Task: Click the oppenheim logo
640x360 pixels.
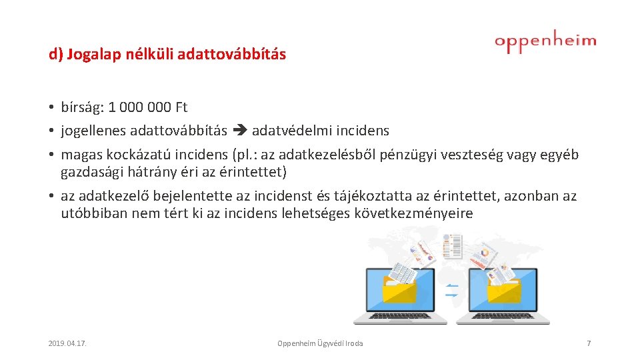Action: click(545, 42)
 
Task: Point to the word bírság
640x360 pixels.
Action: click(79, 107)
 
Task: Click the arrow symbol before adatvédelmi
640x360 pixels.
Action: click(239, 131)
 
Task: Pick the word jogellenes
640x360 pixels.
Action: click(93, 131)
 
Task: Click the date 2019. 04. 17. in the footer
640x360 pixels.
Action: click(68, 343)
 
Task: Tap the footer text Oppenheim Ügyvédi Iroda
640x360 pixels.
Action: click(320, 343)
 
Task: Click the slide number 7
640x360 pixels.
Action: click(588, 343)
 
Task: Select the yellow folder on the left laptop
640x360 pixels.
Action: click(399, 289)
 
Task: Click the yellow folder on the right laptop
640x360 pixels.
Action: click(504, 289)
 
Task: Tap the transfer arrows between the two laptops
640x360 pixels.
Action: click(451, 290)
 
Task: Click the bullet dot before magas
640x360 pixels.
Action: click(51, 155)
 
